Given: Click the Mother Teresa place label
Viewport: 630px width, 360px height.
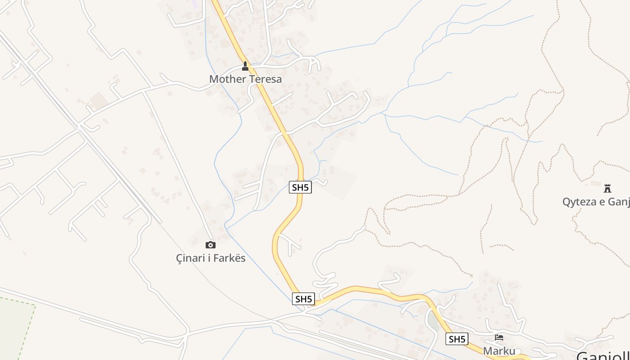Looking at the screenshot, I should click(246, 79).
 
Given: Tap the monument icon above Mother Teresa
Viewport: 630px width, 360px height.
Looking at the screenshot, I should click(245, 66).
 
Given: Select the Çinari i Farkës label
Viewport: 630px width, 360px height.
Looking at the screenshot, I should click(211, 258).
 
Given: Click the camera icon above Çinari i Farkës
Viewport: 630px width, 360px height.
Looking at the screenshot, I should click(210, 245).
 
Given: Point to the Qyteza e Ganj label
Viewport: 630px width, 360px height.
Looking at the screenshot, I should click(596, 202).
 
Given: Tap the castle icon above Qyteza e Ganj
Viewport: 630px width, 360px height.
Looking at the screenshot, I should click(607, 188).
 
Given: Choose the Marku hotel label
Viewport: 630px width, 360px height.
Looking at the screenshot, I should click(499, 351).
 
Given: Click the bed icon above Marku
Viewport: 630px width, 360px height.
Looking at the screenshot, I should click(499, 337).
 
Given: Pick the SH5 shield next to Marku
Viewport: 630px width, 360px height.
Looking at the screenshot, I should click(457, 339).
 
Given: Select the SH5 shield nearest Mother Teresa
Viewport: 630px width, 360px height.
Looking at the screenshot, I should click(300, 187).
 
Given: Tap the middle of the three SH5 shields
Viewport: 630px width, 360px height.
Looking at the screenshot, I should click(303, 299).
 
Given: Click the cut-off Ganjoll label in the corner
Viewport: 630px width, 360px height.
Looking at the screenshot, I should click(603, 355).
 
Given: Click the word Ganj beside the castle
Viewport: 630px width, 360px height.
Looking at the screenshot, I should click(619, 202).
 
